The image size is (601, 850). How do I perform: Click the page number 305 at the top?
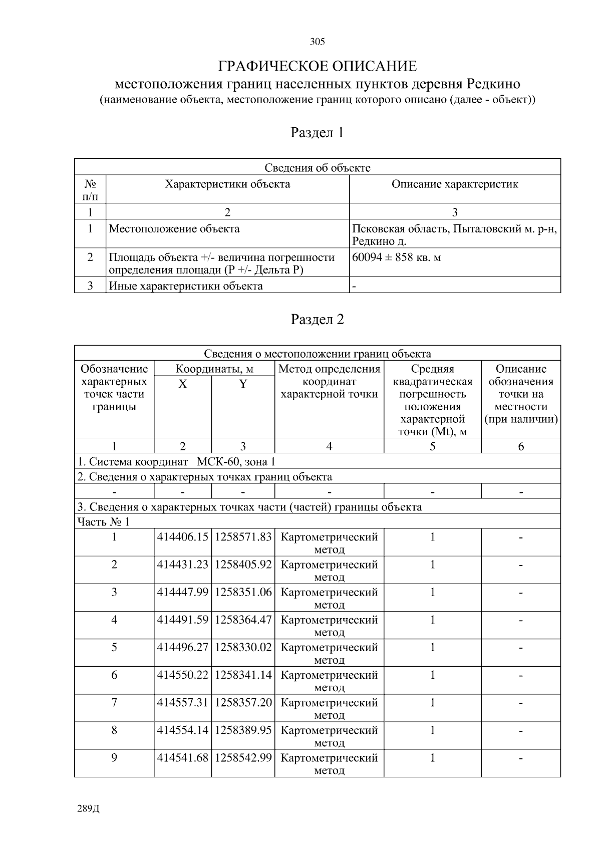(x=317, y=42)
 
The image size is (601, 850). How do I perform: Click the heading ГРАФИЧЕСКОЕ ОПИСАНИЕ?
(x=317, y=66)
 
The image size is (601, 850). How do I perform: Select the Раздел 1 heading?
(x=317, y=133)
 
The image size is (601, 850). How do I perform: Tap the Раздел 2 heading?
(x=317, y=320)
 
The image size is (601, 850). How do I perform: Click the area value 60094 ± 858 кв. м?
(x=397, y=257)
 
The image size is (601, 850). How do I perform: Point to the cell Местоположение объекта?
(x=174, y=229)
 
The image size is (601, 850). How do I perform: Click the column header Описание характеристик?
(x=454, y=184)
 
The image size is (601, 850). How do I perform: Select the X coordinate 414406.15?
(x=182, y=537)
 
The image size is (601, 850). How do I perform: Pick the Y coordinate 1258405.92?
(x=243, y=564)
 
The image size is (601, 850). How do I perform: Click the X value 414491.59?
(x=182, y=620)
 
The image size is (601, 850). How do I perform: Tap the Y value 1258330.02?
(x=243, y=647)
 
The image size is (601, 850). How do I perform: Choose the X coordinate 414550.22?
(x=182, y=675)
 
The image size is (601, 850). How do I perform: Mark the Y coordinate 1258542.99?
(x=243, y=758)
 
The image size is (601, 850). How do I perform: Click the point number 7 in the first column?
(x=114, y=702)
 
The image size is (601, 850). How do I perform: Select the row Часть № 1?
(x=103, y=522)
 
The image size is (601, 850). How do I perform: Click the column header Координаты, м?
(x=214, y=369)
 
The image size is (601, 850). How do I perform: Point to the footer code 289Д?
(x=89, y=809)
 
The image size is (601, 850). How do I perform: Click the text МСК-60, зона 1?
(x=236, y=462)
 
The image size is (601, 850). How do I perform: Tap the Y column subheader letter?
(x=243, y=384)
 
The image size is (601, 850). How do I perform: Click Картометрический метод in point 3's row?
(x=329, y=598)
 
